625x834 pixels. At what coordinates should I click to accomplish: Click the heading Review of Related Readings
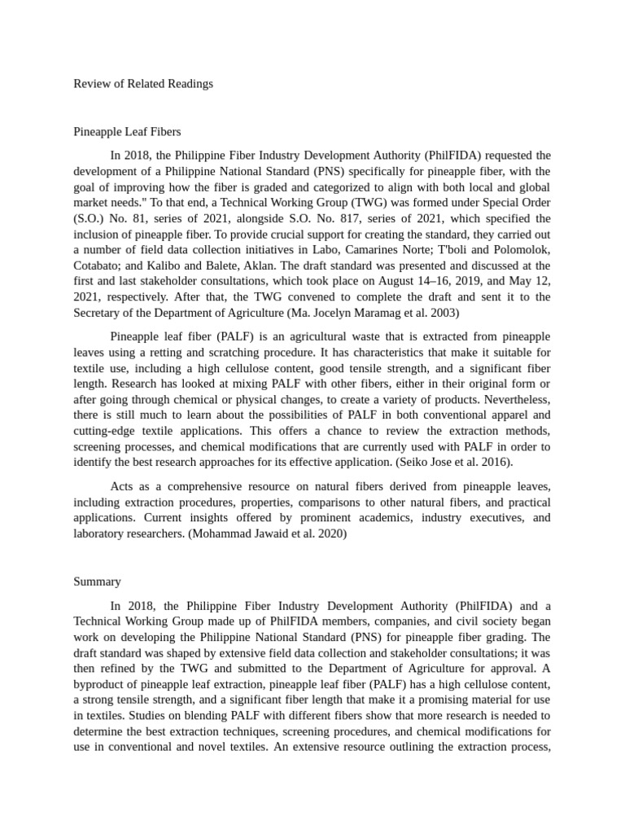pyautogui.click(x=143, y=84)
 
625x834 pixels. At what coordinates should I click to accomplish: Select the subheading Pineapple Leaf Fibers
pyautogui.click(x=127, y=131)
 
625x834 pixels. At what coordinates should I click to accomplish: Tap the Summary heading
pyautogui.click(x=97, y=582)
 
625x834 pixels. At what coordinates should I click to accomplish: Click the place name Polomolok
pyautogui.click(x=516, y=250)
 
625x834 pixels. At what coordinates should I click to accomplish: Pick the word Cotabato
pyautogui.click(x=97, y=266)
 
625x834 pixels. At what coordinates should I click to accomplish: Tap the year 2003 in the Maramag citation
pyautogui.click(x=444, y=313)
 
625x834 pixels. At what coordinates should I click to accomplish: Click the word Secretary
pyautogui.click(x=98, y=313)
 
